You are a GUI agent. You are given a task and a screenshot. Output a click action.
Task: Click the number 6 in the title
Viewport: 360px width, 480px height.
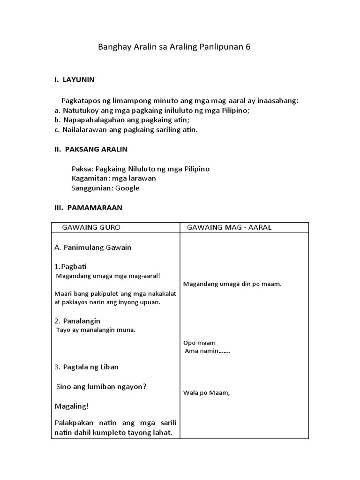click(248, 47)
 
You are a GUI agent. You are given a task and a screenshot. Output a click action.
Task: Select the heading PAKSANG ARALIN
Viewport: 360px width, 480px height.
click(96, 149)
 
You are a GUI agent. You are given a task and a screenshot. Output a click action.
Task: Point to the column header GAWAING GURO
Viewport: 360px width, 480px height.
click(91, 227)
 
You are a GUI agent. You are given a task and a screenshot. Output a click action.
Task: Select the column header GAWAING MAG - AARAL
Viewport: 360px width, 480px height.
click(229, 227)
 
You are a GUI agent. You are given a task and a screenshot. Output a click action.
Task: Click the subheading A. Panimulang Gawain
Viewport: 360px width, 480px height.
click(93, 247)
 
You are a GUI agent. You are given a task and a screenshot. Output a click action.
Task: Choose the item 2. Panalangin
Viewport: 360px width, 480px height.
click(77, 321)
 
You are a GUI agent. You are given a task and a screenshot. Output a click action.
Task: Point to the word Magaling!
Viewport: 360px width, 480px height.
click(71, 406)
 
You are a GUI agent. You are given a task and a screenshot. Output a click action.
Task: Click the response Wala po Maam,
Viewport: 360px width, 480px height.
click(206, 393)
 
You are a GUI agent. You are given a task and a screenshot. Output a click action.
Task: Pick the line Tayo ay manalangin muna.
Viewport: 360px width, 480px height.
click(96, 330)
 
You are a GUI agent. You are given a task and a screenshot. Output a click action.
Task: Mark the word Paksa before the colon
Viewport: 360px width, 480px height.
click(82, 168)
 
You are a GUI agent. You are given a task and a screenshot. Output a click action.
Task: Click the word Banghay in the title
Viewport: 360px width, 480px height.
click(113, 47)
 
